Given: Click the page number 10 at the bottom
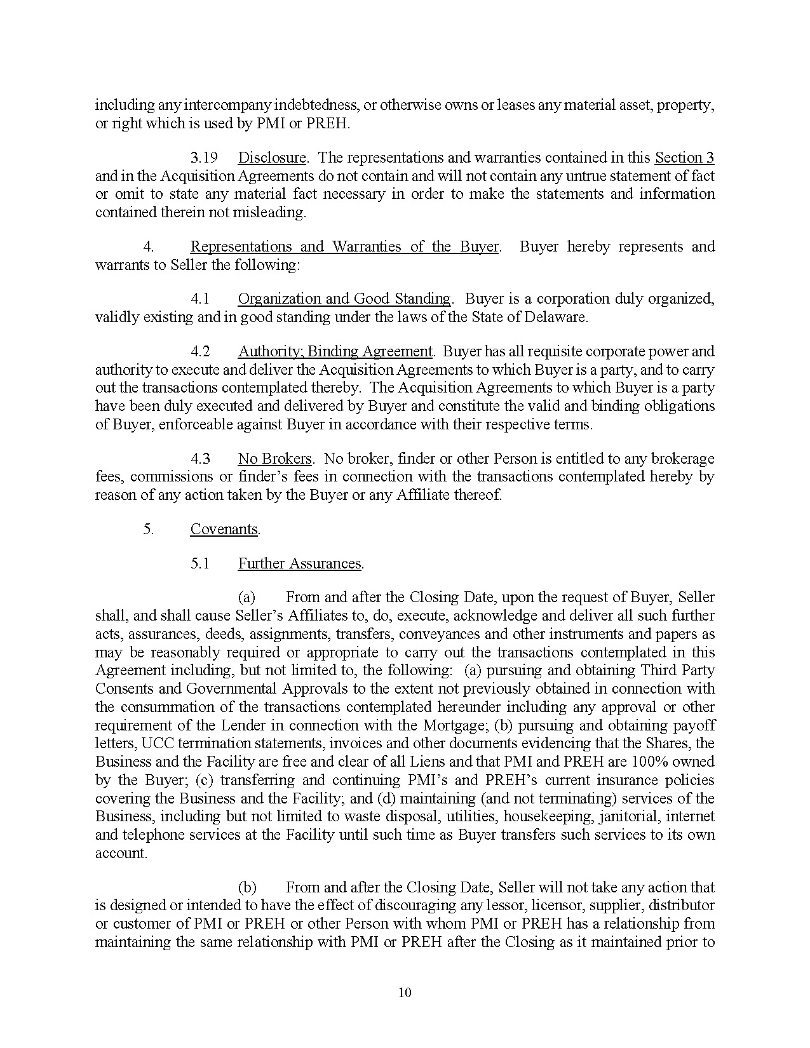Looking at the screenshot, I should point(405,993).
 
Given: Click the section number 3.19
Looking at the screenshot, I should point(204,158).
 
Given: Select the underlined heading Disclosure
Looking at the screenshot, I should point(272,158).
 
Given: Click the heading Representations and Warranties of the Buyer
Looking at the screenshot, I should point(344,246).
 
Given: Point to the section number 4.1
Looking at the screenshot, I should point(200,299).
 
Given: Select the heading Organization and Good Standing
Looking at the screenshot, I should point(344,299).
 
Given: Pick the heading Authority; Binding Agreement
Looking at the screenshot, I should point(335,351).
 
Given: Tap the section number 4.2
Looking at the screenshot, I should point(200,351).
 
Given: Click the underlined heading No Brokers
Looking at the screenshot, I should point(274,459).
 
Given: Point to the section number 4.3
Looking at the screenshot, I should point(200,459).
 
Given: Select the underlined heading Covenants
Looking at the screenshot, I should point(224,529).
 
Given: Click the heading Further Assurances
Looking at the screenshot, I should point(299,563).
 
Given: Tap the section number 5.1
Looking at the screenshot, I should point(200,563).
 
